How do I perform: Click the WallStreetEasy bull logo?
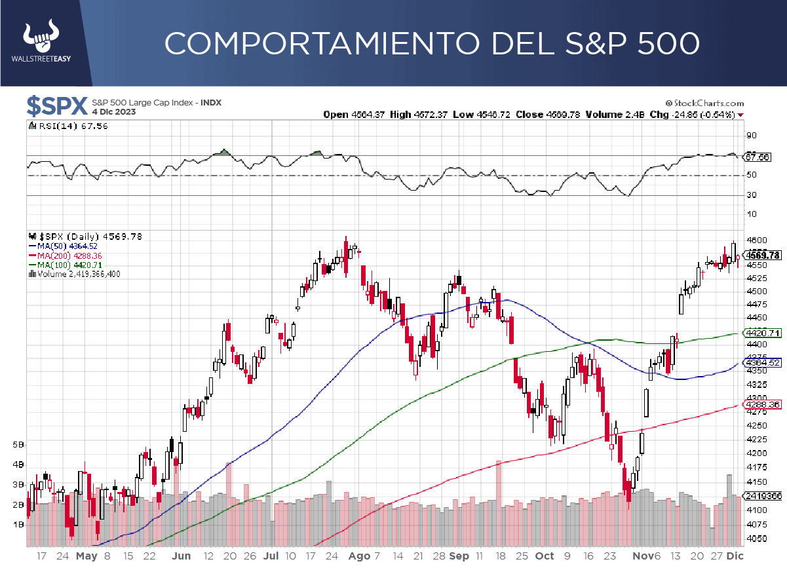click(41, 40)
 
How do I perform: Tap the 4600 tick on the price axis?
click(754, 240)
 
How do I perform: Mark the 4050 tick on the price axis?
click(754, 539)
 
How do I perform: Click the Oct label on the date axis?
click(545, 556)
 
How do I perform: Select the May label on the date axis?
click(86, 556)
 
